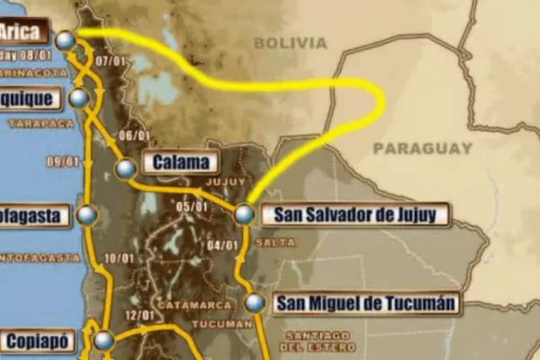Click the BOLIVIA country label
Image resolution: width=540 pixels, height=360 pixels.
point(290,42)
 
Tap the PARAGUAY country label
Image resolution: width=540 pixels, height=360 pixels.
point(422,148)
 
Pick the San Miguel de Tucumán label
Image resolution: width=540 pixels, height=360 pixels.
point(365,303)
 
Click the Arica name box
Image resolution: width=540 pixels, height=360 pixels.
point(20,33)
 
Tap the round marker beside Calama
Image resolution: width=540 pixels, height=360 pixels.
point(126,167)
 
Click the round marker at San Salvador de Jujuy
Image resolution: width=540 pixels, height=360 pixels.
point(244,215)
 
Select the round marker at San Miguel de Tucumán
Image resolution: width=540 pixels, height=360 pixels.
point(256,303)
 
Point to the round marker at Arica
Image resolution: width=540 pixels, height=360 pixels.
point(65,40)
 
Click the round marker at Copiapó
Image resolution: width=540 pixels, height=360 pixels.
point(104,341)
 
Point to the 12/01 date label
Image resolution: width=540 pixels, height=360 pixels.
point(140,315)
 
